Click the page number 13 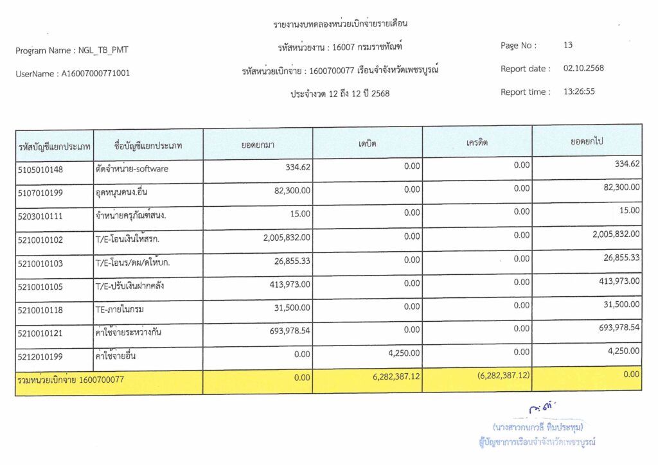coord(568,46)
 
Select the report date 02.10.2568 coord(583,69)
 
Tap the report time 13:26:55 coord(579,92)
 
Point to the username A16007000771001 coord(95,74)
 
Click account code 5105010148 coord(40,170)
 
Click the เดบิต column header coord(368,143)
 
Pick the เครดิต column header coord(477,143)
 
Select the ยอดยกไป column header coord(587,141)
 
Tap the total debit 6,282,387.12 coord(396,377)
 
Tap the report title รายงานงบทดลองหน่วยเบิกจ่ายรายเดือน coord(341,24)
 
